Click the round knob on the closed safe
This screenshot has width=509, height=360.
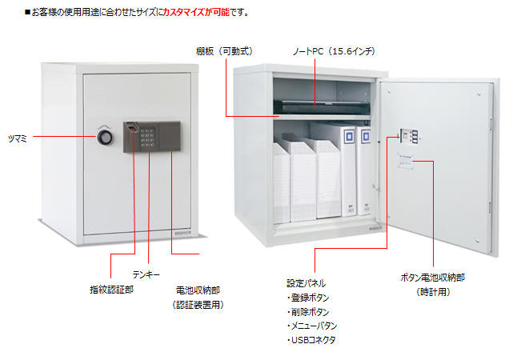pyautogui.click(x=105, y=138)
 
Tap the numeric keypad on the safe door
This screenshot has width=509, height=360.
pyautogui.click(x=147, y=138)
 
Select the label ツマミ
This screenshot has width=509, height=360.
pyautogui.click(x=18, y=138)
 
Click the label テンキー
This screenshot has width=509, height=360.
pyautogui.click(x=146, y=274)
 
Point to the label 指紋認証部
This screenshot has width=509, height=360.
pyautogui.click(x=112, y=290)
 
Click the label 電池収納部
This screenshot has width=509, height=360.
pyautogui.click(x=198, y=290)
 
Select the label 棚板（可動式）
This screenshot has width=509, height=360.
pyautogui.click(x=225, y=51)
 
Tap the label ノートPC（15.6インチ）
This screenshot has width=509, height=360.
pyautogui.click(x=334, y=51)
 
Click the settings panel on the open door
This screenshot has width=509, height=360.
pyautogui.click(x=408, y=136)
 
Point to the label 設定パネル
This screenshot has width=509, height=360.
pyautogui.click(x=306, y=283)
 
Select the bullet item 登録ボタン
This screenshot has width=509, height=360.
pyautogui.click(x=308, y=298)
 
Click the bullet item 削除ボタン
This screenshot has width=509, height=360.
pyautogui.click(x=308, y=312)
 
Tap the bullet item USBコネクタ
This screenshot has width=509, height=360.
pyautogui.click(x=311, y=340)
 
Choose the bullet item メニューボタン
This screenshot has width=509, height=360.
pyautogui.click(x=312, y=326)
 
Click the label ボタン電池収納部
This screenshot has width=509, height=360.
pyautogui.click(x=433, y=278)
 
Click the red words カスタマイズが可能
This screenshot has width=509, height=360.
pyautogui.click(x=196, y=12)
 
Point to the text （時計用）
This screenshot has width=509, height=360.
pyautogui.click(x=433, y=292)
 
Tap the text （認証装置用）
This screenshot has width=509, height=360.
pyautogui.click(x=198, y=305)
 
